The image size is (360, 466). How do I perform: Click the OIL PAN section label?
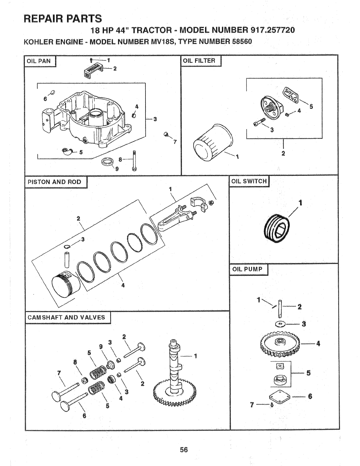click(x=39, y=61)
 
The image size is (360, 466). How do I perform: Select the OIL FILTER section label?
click(x=199, y=61)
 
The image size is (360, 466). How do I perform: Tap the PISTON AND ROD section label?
click(x=54, y=182)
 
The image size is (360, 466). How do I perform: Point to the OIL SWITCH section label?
click(x=249, y=181)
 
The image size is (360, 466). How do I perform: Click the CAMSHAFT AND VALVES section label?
click(x=66, y=317)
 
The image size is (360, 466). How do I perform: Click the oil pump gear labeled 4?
click(x=281, y=345)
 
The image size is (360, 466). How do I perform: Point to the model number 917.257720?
click(x=272, y=30)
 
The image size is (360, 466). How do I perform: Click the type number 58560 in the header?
click(x=242, y=42)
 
